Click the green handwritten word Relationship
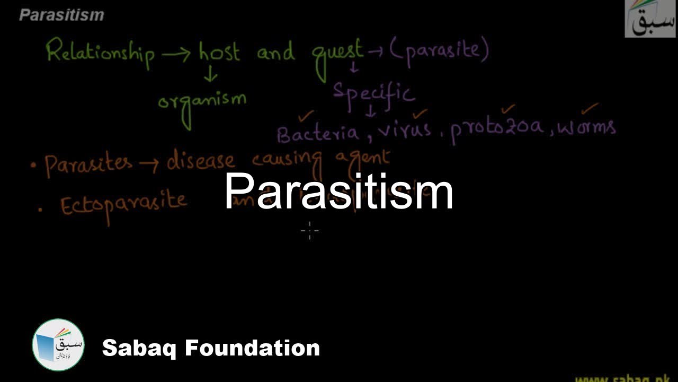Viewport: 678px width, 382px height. pos(100,54)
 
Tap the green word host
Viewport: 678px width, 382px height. pos(219,52)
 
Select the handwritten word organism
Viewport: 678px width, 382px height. pos(202,101)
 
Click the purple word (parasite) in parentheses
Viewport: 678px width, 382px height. pos(439,51)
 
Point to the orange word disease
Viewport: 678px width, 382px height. pos(201,161)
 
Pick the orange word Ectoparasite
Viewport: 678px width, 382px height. pos(123,204)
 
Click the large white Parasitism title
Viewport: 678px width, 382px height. pos(339,192)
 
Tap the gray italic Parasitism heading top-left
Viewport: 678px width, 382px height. pos(61,15)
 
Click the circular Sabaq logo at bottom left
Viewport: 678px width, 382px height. pos(58,345)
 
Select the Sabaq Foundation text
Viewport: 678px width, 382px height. pos(211,348)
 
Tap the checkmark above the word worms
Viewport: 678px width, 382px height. pos(590,109)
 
